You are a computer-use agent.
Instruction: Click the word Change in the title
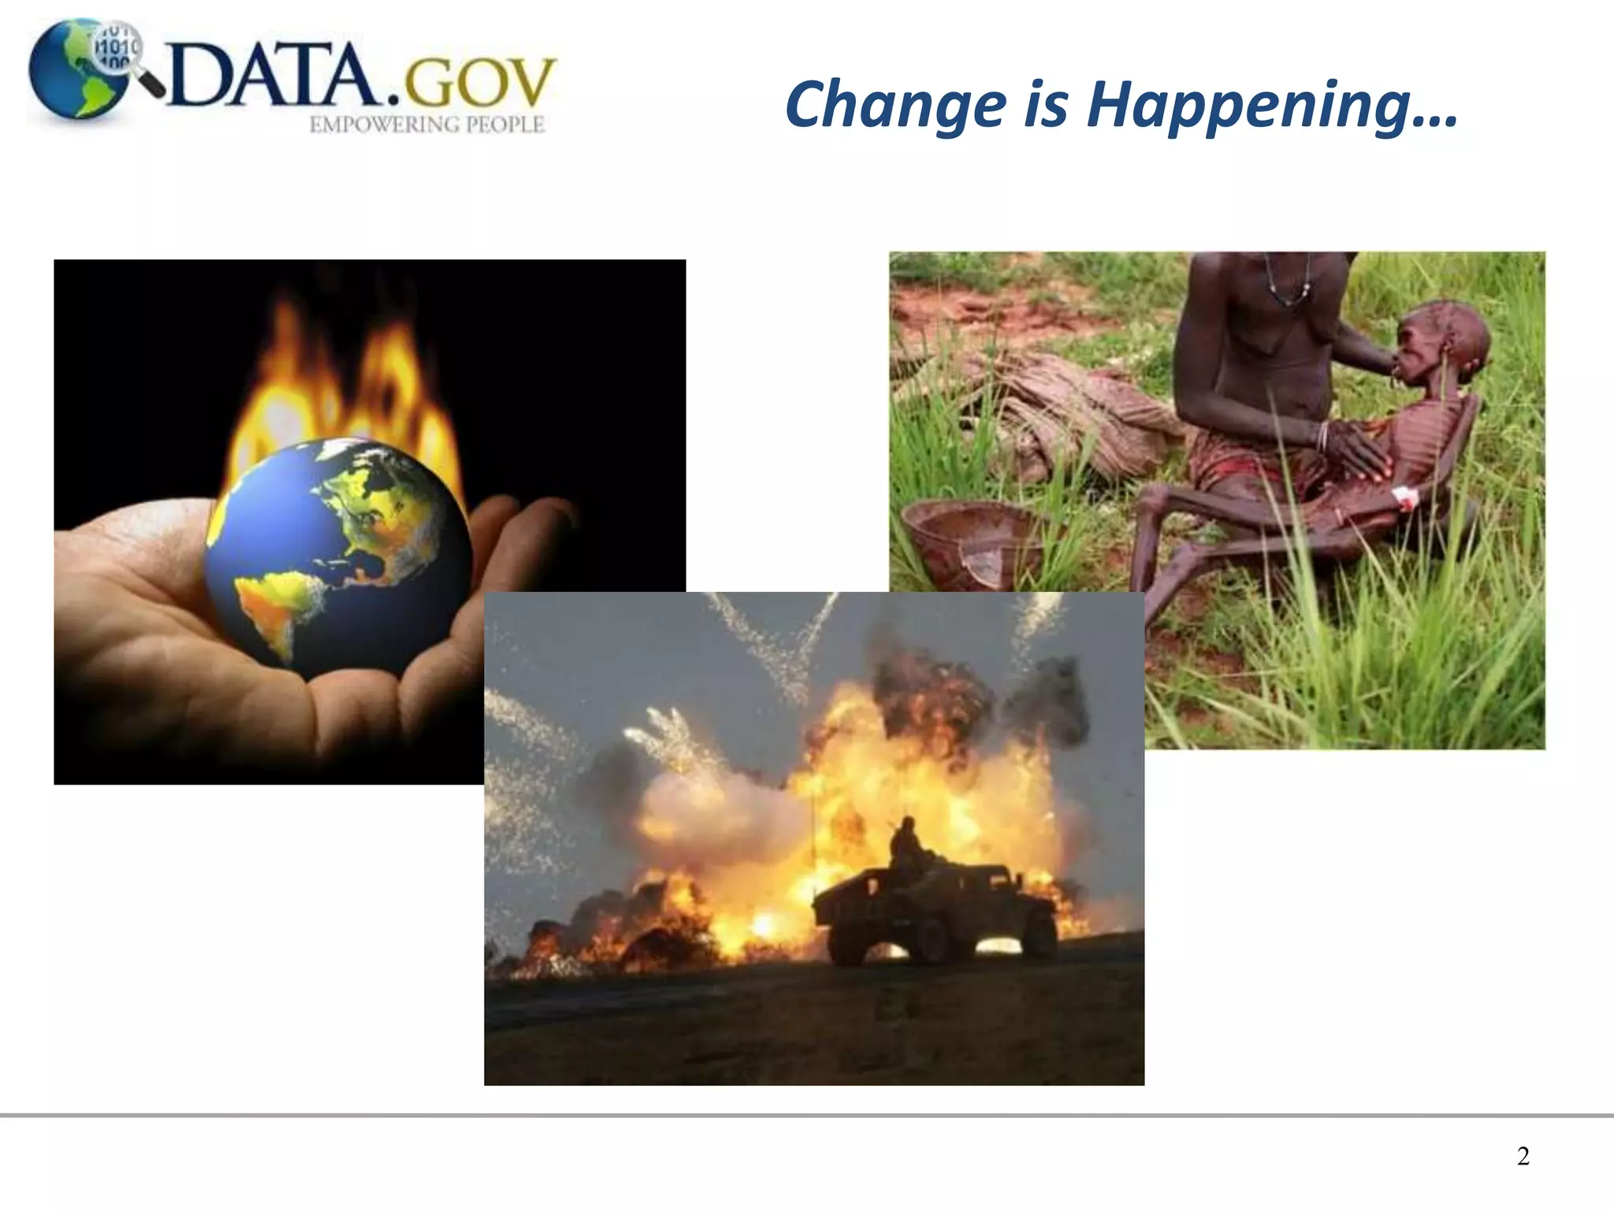click(x=895, y=106)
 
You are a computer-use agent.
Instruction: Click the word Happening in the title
click(x=1272, y=106)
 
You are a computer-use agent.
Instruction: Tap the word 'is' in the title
click(x=1045, y=106)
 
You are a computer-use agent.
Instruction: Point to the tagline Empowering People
click(x=426, y=125)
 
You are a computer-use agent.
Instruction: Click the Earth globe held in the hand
click(x=339, y=552)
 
